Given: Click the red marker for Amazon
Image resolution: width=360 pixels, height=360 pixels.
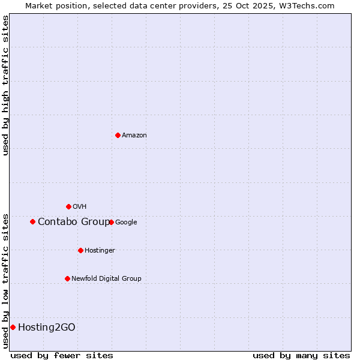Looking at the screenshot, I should pyautogui.click(x=118, y=135).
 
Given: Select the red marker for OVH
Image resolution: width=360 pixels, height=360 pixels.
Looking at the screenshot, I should pyautogui.click(x=68, y=206).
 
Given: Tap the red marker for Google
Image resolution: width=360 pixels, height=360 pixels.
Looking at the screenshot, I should pyautogui.click(x=112, y=222).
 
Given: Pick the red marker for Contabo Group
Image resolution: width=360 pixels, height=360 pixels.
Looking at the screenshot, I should pyautogui.click(x=32, y=221).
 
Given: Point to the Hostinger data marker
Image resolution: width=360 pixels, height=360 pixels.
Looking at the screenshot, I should pyautogui.click(x=80, y=250).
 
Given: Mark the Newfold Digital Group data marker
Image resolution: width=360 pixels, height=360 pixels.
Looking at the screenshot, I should pyautogui.click(x=67, y=278).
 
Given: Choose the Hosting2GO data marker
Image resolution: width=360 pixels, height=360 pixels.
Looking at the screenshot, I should pyautogui.click(x=13, y=327).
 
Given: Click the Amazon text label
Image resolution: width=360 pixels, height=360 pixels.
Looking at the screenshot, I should pyautogui.click(x=134, y=136).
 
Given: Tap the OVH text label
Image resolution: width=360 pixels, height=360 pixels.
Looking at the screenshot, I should pyautogui.click(x=80, y=207).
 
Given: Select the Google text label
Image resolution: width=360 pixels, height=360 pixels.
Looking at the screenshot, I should pyautogui.click(x=126, y=223).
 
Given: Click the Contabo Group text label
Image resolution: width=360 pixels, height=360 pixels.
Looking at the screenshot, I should pyautogui.click(x=74, y=222).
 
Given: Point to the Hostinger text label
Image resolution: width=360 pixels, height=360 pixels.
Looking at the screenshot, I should pyautogui.click(x=100, y=251).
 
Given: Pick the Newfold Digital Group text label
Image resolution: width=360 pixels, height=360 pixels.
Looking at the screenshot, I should pyautogui.click(x=106, y=279).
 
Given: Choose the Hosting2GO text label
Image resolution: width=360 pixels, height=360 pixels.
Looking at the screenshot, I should pyautogui.click(x=47, y=328).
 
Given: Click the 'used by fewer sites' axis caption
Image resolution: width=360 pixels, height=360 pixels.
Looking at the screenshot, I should pyautogui.click(x=62, y=355).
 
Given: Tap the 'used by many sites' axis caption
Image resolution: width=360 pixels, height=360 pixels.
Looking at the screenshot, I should pyautogui.click(x=301, y=355).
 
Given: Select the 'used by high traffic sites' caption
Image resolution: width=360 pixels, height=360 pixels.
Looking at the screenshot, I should pyautogui.click(x=6, y=85).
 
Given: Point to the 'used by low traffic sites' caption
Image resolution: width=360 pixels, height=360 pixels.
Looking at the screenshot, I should pyautogui.click(x=6, y=280).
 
